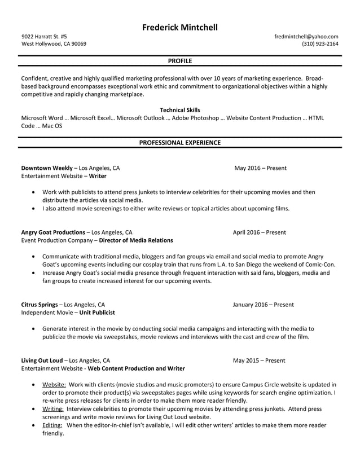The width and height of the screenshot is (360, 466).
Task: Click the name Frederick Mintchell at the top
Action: click(179, 27)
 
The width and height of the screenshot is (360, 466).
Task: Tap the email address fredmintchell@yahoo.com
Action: click(306, 37)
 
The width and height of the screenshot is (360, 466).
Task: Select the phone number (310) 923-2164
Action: click(320, 44)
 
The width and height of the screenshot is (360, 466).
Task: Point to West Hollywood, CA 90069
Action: click(54, 44)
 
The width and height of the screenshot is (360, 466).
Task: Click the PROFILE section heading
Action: click(179, 61)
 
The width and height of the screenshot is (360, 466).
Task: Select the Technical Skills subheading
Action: click(179, 110)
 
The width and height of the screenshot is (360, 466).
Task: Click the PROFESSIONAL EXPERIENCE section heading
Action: click(179, 143)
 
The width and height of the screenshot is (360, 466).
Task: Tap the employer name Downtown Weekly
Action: click(47, 168)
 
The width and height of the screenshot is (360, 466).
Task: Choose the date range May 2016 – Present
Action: click(260, 168)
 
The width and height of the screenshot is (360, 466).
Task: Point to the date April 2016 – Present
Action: click(259, 232)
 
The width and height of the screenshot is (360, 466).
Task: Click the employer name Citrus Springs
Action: click(39, 305)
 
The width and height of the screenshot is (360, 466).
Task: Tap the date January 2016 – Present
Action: click(263, 305)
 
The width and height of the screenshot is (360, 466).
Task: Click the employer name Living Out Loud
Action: click(42, 361)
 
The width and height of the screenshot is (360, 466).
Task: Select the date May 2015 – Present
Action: click(259, 361)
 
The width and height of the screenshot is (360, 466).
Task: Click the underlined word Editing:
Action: click(54, 425)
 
